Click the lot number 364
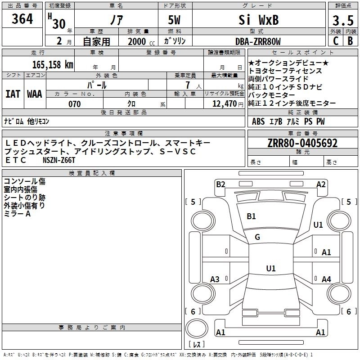pos(22,20)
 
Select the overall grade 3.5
pos(342,21)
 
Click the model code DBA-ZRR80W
pos(258,41)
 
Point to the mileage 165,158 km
pos(53,64)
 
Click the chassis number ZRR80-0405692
pos(302,143)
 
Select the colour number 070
pos(74,104)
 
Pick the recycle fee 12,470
pos(224,104)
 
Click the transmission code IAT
pos(13,94)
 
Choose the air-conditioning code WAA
pos(35,94)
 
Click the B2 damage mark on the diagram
pos(220,184)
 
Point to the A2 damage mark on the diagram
pos(321,184)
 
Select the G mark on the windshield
pos(257,237)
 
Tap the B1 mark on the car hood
pos(251,216)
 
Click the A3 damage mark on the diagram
pos(215,279)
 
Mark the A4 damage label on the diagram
pos(326,279)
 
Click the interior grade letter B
pos(350,40)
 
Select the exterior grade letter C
pos(335,40)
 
